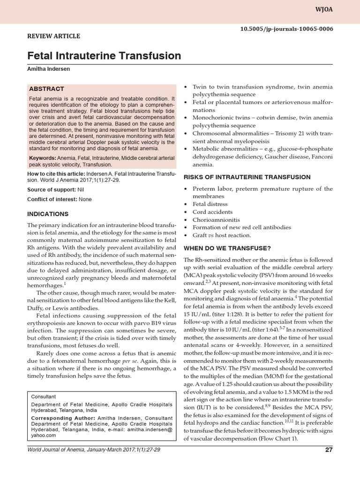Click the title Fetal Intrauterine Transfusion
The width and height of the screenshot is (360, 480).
click(x=105, y=56)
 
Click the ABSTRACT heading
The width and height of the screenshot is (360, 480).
click(x=46, y=89)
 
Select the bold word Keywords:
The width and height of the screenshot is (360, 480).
click(x=42, y=157)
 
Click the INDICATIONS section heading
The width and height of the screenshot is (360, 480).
click(x=48, y=214)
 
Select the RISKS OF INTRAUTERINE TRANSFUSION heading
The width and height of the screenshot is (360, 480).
click(x=247, y=177)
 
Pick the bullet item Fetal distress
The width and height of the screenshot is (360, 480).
click(x=210, y=204)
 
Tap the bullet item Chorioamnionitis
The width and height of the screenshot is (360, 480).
click(x=216, y=219)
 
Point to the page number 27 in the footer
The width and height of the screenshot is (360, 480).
click(x=328, y=463)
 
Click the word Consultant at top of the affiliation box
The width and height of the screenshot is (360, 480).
click(x=43, y=396)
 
